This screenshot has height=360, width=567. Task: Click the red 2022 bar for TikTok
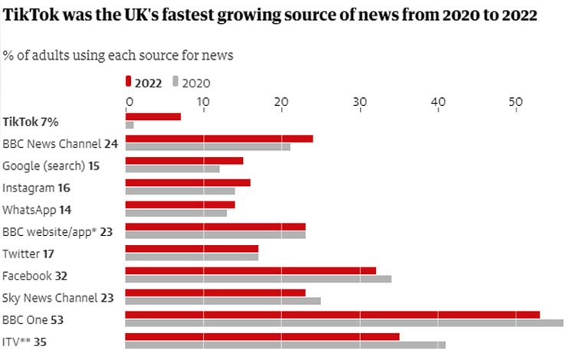tap(153, 116)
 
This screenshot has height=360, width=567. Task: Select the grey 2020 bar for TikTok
tap(129, 125)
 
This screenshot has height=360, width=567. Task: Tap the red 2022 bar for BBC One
tap(332, 315)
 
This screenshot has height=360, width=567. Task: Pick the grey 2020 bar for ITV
tap(285, 345)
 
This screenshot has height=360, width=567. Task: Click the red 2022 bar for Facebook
tap(251, 270)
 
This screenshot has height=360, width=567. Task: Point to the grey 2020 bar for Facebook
tap(258, 279)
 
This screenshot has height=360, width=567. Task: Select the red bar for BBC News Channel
tap(219, 139)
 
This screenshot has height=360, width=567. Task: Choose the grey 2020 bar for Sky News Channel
tap(223, 300)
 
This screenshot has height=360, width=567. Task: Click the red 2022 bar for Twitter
tap(192, 248)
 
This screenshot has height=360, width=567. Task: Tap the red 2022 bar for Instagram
tap(188, 182)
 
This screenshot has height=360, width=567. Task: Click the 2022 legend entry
tap(148, 83)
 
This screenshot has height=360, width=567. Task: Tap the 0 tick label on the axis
tap(129, 102)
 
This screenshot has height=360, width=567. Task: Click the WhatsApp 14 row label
tap(42, 209)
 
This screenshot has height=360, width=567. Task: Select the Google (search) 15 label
tap(51, 165)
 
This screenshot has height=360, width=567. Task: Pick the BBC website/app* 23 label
tap(57, 231)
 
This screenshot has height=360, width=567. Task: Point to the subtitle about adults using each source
tap(118, 55)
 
